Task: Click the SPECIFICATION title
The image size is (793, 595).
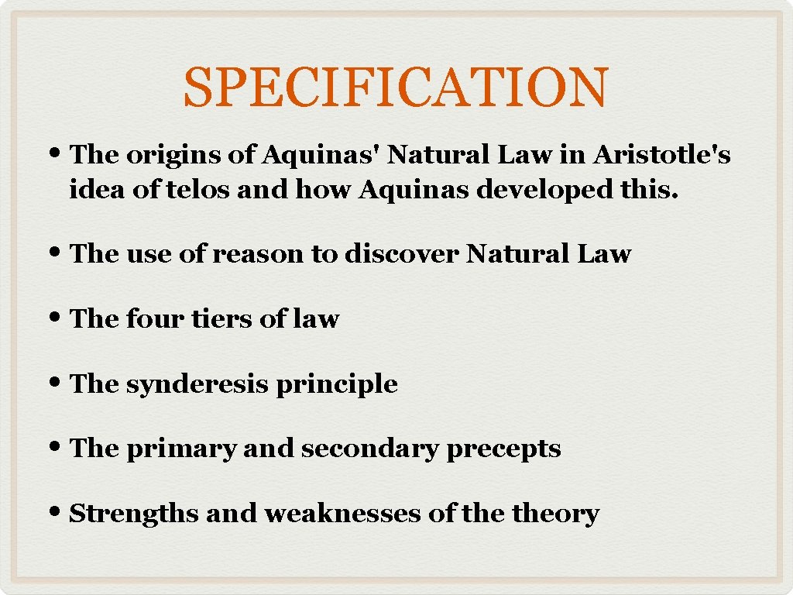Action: tap(396, 87)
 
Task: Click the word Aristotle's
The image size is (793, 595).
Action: tap(662, 155)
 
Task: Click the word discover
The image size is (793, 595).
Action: tap(402, 254)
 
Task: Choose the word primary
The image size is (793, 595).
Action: tap(180, 449)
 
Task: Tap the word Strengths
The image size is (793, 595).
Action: tap(133, 513)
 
